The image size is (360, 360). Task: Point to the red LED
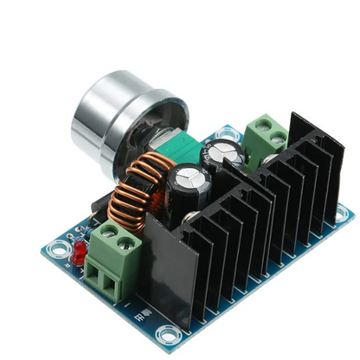79,252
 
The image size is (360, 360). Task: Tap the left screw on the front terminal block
106,234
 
